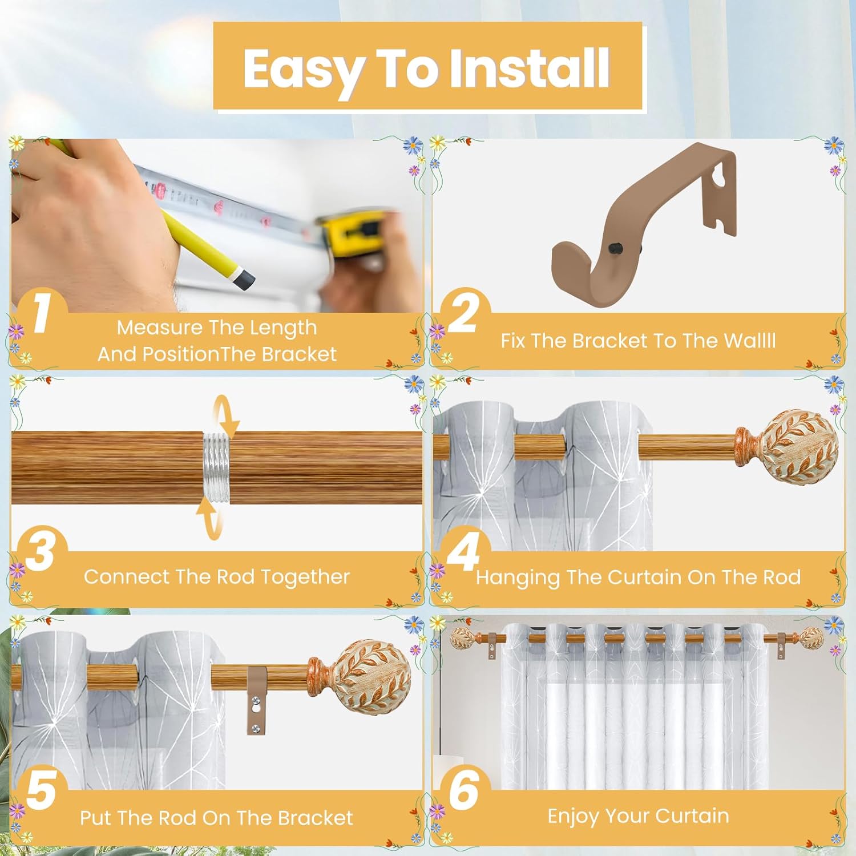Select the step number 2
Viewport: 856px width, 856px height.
[x=463, y=313]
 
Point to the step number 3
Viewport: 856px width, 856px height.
[x=40, y=551]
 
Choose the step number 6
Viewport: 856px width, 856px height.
[x=463, y=790]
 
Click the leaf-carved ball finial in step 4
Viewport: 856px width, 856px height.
[x=799, y=445]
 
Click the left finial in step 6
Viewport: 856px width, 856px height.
[x=463, y=637]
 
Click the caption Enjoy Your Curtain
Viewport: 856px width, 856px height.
[x=638, y=816]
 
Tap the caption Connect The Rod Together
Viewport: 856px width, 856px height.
[x=217, y=577]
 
